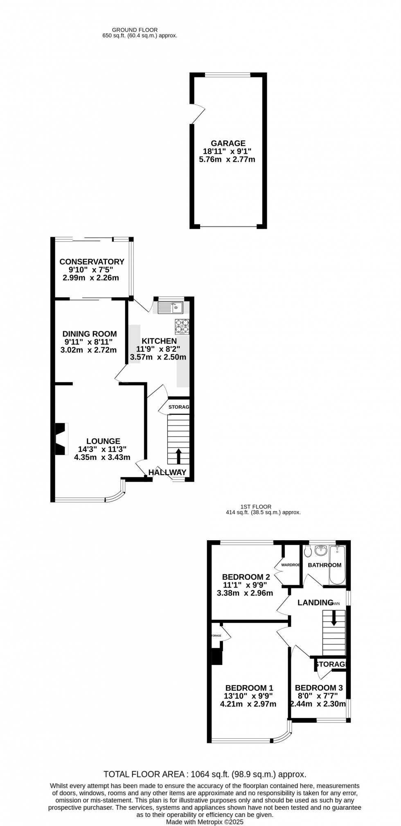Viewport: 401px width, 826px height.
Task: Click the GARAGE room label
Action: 228,143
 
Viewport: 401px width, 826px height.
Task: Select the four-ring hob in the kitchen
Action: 182,326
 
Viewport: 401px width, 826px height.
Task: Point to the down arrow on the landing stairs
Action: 333,618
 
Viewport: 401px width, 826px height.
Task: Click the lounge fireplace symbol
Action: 61,439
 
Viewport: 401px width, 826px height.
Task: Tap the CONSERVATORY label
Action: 92,262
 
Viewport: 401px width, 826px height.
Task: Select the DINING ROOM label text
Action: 90,334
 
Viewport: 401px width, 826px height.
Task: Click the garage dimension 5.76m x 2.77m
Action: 227,159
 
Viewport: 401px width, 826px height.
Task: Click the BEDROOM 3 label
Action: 319,688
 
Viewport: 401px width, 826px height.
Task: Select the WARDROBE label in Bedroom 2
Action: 290,565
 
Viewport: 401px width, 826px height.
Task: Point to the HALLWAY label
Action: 167,472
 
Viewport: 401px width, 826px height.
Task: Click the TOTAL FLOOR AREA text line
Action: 205,774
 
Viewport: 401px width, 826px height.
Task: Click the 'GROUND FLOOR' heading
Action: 135,30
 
